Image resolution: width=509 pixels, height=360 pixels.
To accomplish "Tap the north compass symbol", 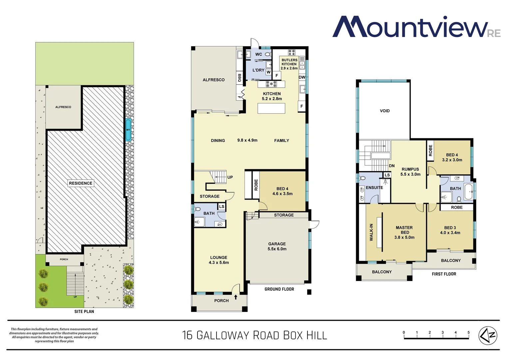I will pyautogui.click(x=488, y=335).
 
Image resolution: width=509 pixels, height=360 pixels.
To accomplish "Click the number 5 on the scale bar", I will pyautogui.click(x=468, y=332).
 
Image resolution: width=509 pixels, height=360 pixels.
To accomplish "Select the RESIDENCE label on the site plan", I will pyautogui.click(x=81, y=183).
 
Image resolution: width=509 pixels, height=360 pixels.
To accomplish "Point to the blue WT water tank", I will pyautogui.click(x=128, y=129).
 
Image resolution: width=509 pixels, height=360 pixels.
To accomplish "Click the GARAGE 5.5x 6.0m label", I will pyautogui.click(x=277, y=246).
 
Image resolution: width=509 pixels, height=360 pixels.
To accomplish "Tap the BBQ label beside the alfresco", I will pyautogui.click(x=239, y=78).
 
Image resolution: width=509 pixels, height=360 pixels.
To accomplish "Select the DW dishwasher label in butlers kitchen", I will pyautogui.click(x=302, y=77).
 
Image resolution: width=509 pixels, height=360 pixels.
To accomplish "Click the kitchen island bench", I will pyautogui.click(x=271, y=108).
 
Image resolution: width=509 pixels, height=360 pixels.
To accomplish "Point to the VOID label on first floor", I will pyautogui.click(x=385, y=111).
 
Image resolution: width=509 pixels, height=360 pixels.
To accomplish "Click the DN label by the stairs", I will pyautogui.click(x=392, y=166).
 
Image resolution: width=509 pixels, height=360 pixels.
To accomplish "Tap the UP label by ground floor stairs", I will pyautogui.click(x=230, y=177).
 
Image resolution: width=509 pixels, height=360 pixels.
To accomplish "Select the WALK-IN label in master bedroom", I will pyautogui.click(x=371, y=232).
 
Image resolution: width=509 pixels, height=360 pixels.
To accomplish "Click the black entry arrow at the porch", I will pyautogui.click(x=236, y=297).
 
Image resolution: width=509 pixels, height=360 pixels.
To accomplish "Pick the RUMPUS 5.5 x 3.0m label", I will pyautogui.click(x=410, y=172).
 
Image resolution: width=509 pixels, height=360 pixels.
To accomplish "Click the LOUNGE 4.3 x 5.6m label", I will pyautogui.click(x=219, y=260).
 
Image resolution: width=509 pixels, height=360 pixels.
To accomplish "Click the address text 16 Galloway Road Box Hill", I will pyautogui.click(x=254, y=335).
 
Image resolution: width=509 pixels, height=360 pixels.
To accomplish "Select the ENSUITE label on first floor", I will pyautogui.click(x=374, y=188).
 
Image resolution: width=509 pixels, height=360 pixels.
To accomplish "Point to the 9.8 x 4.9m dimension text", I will pyautogui.click(x=247, y=140).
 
